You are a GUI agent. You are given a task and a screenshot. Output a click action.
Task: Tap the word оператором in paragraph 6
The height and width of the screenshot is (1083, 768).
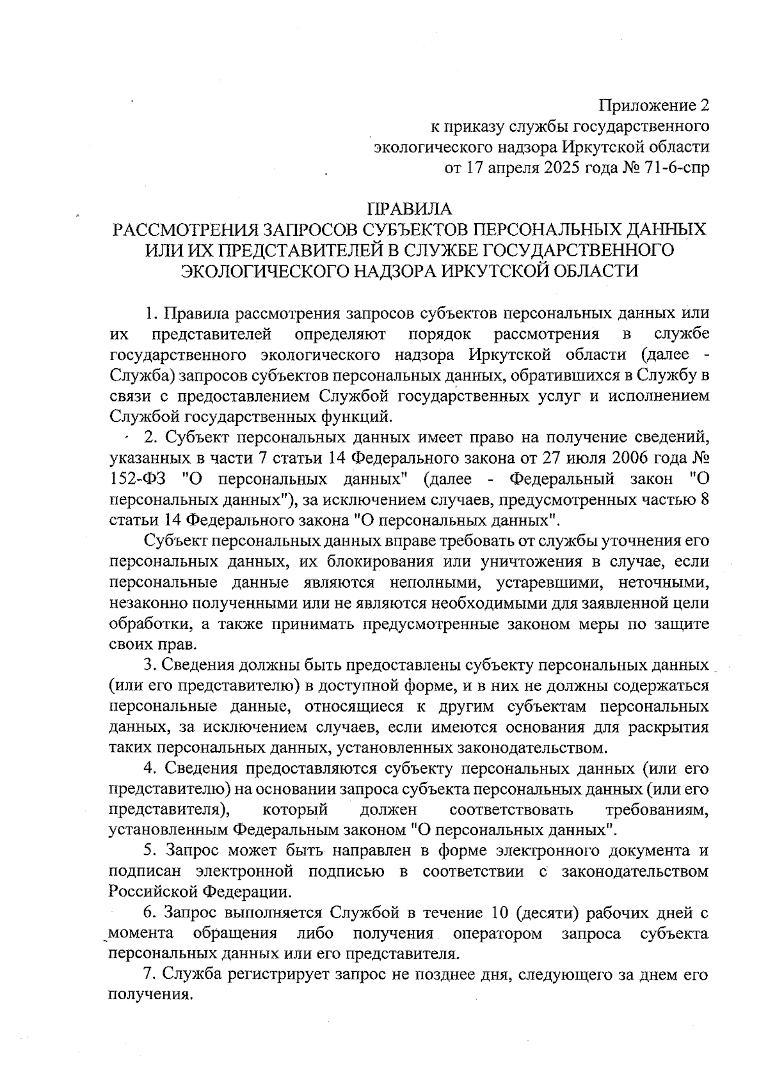[x=497, y=933]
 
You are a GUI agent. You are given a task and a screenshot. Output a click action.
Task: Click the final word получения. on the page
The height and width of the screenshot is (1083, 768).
[x=150, y=995]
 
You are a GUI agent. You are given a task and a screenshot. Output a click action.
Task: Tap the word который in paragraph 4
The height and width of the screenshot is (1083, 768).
[x=296, y=809]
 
